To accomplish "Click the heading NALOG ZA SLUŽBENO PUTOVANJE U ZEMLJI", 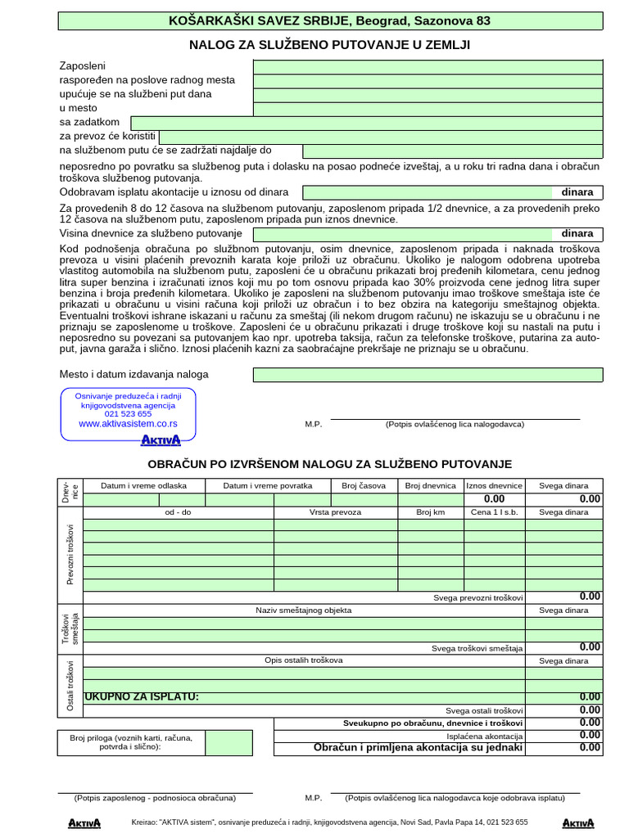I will (329, 44).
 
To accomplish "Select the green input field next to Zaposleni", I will (428, 66).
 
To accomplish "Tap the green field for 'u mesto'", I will (428, 108).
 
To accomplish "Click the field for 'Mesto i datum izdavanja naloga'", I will (428, 375).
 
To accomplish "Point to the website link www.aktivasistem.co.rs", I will (128, 424).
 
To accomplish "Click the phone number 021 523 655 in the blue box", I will (128, 414).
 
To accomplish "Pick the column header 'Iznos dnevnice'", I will (494, 485).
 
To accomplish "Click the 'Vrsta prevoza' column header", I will (335, 511).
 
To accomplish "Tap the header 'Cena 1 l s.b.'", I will (494, 511).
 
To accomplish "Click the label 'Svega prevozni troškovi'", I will (478, 598).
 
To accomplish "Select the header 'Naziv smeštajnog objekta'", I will (303, 610).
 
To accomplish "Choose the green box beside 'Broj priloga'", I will (229, 742).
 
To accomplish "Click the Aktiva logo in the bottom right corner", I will (578, 822).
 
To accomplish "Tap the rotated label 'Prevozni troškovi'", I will (70, 554).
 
